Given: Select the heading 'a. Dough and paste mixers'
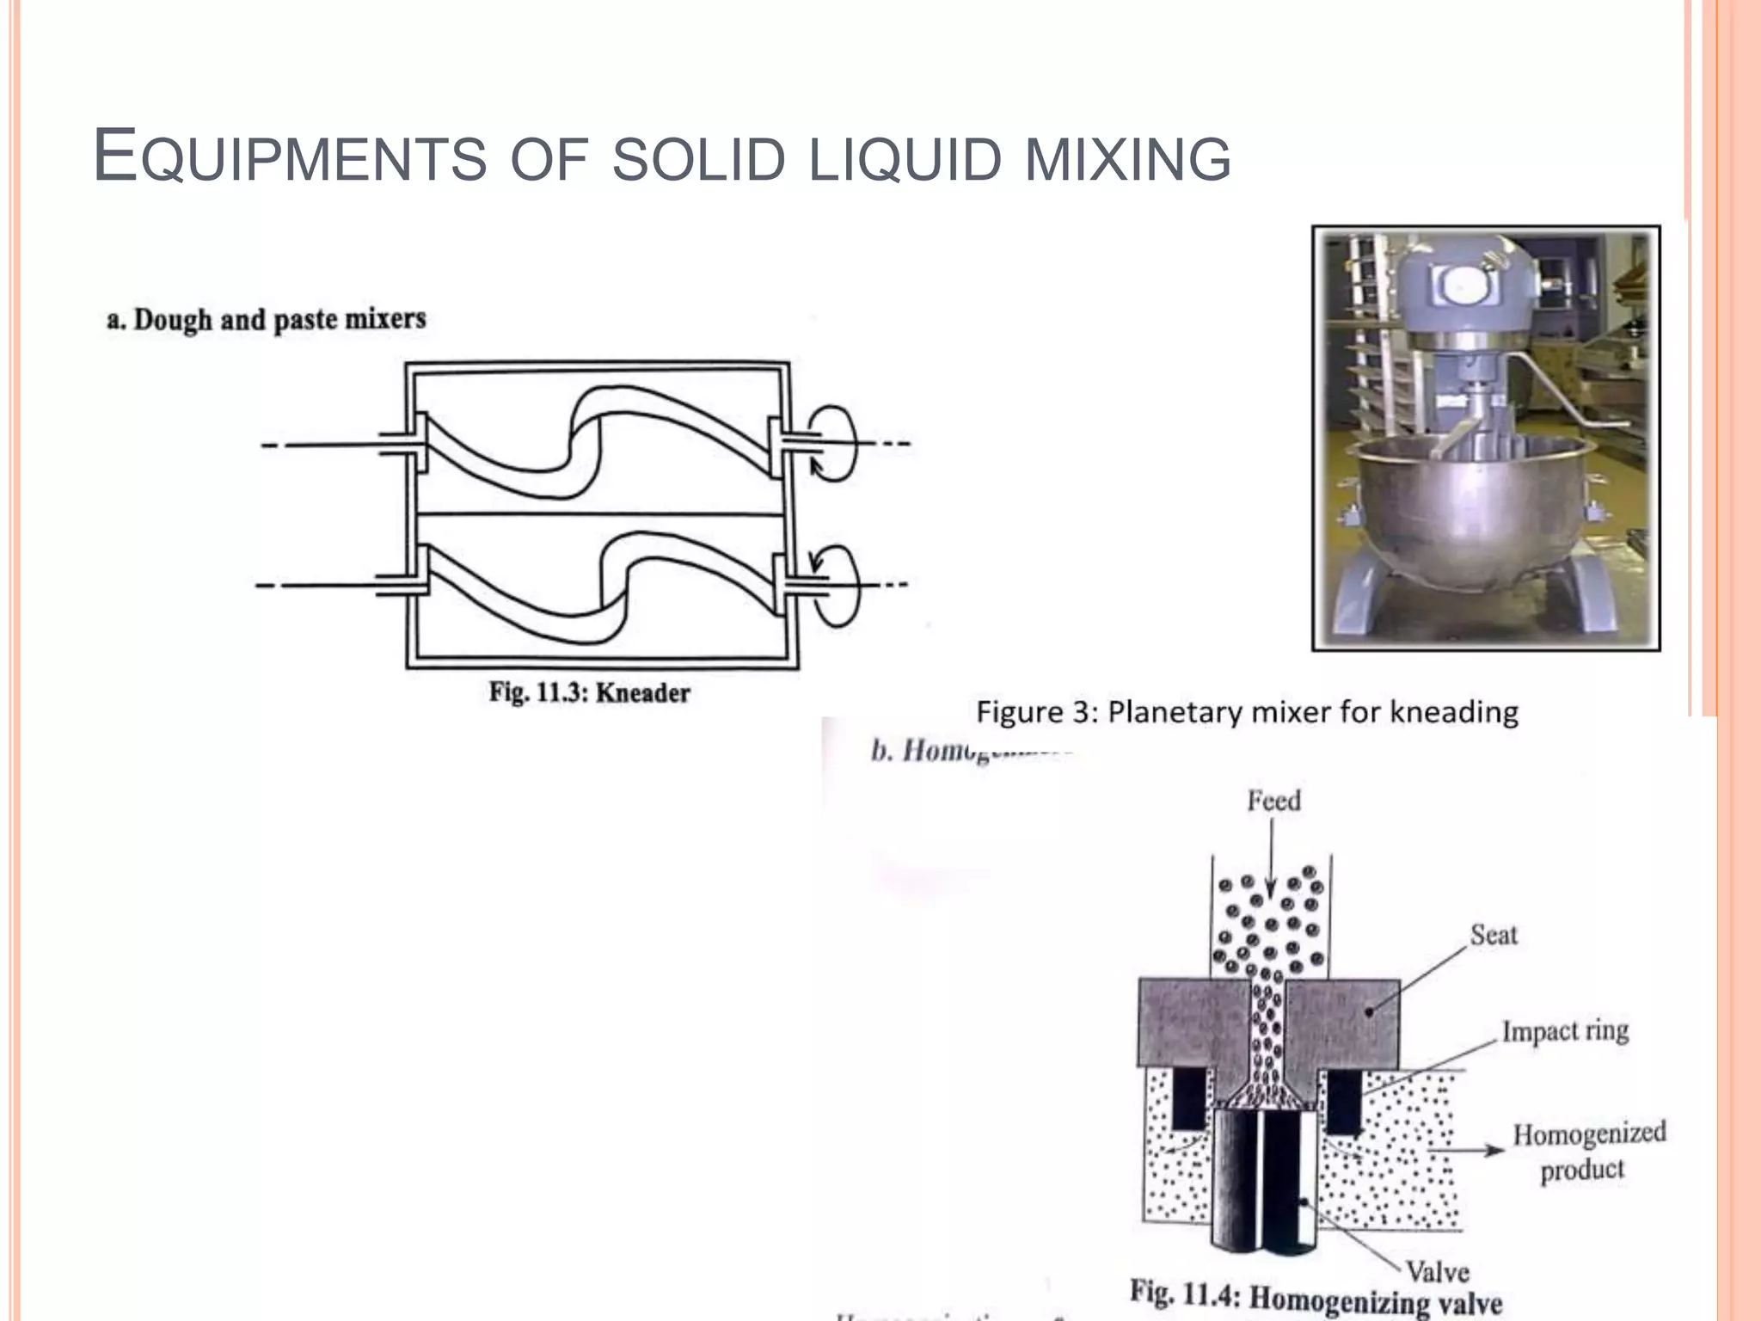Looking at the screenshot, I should point(266,320).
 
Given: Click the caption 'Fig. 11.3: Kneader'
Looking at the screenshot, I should point(589,693).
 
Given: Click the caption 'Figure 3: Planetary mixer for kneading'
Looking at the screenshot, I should point(1247,712).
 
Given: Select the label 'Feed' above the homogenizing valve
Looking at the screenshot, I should point(1273,802).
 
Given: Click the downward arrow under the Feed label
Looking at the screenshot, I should point(1272,860).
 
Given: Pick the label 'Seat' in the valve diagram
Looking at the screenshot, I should point(1493,935).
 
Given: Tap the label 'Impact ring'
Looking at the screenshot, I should point(1565,1030).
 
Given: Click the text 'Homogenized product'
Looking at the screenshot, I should point(1587,1151).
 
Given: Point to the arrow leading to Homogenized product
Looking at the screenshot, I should point(1467,1150).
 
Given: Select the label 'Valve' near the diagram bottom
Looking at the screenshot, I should point(1437,1271).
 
